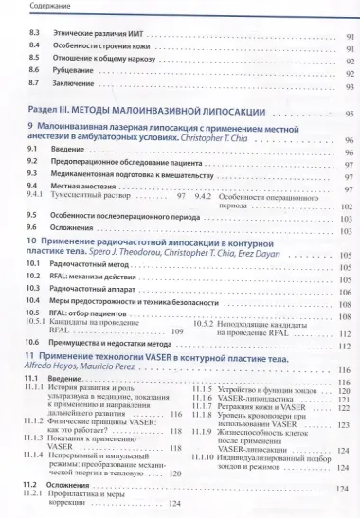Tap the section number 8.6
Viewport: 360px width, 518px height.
point(34,72)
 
